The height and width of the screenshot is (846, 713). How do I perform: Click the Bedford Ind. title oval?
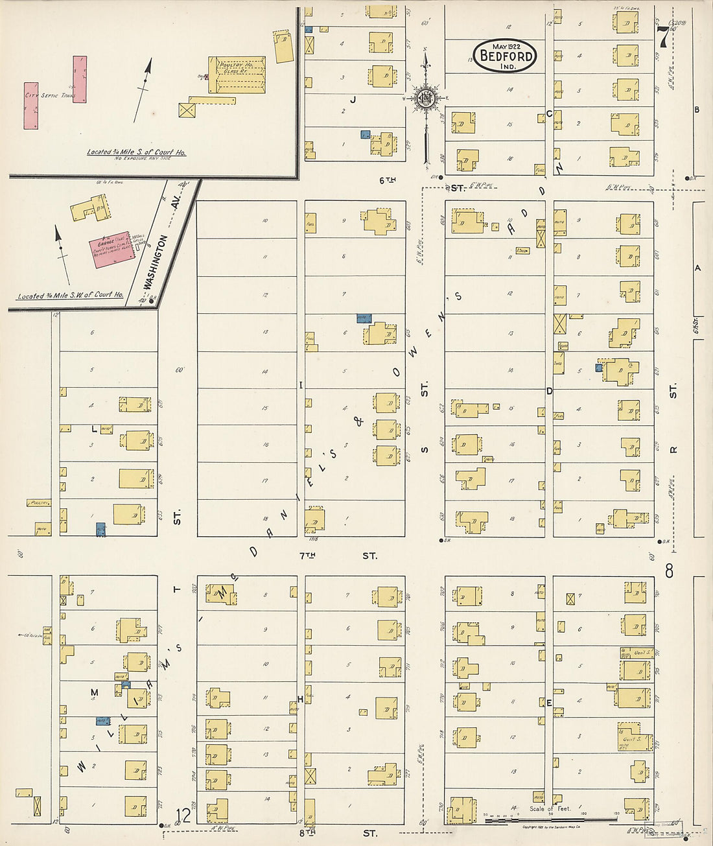[505, 55]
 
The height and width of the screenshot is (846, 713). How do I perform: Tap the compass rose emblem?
[426, 99]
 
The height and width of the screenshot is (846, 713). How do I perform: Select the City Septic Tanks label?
[50, 95]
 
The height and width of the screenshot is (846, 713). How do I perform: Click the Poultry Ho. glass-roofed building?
[237, 74]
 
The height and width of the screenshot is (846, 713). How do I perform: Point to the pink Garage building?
[111, 250]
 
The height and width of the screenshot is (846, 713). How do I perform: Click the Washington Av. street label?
[157, 263]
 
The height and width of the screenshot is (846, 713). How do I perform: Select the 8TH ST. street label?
[337, 832]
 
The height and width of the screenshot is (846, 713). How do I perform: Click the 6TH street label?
[387, 180]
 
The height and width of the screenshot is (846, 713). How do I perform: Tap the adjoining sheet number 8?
[669, 571]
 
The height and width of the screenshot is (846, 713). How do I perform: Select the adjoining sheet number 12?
[184, 815]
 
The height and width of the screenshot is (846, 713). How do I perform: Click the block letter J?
[353, 99]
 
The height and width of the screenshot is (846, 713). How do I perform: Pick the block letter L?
[94, 429]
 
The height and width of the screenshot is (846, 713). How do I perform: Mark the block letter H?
[300, 699]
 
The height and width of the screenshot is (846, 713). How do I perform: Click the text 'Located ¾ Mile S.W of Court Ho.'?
[70, 296]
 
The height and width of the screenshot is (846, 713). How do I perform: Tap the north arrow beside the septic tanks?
[143, 91]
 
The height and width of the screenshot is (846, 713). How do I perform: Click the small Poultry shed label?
[39, 502]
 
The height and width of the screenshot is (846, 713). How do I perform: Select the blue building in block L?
[100, 530]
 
